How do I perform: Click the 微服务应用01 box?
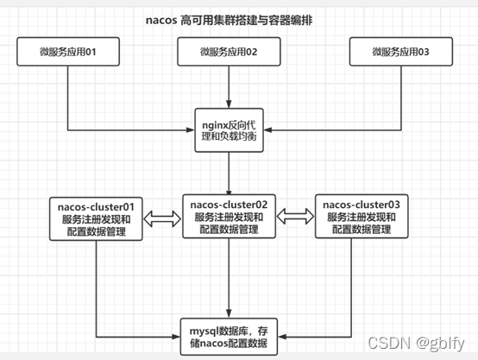66,53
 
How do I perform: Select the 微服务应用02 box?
228,53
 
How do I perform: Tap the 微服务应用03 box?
400,53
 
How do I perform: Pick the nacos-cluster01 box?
96,219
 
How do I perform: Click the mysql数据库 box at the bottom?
229,332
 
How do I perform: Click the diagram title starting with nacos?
229,19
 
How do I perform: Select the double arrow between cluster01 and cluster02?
161,219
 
